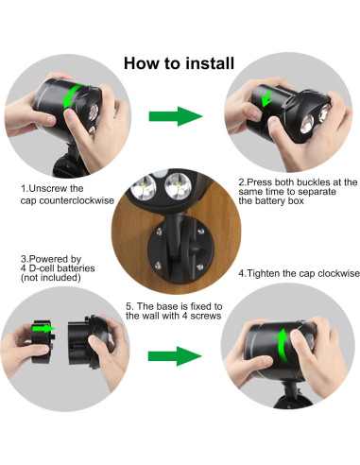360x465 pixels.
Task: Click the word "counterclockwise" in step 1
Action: (x=79, y=199)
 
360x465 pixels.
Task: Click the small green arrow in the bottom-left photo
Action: (x=46, y=330)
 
